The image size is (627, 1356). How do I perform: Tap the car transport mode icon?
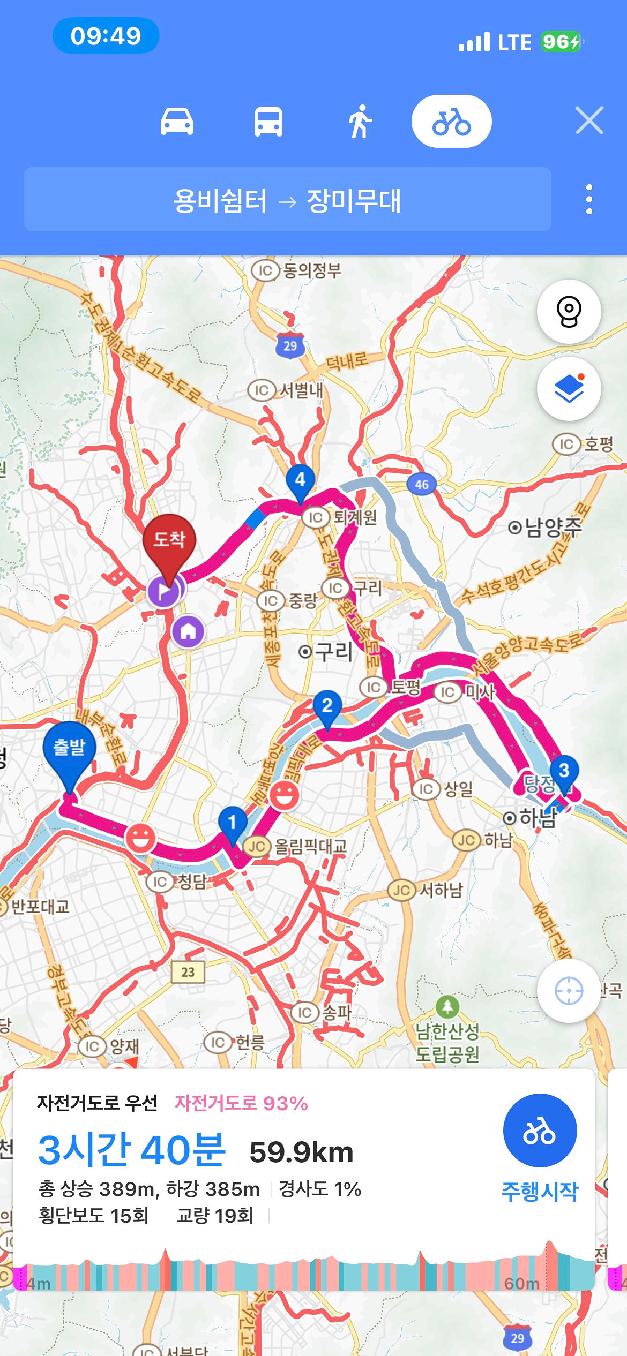coord(177,122)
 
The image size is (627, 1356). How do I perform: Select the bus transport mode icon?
coord(268,122)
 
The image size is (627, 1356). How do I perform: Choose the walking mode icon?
coord(360,122)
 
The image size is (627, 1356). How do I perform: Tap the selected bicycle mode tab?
coord(451,122)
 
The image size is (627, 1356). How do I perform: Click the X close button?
coord(589,120)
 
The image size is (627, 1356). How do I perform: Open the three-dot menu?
coord(589,200)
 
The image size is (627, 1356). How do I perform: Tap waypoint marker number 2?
coord(327,706)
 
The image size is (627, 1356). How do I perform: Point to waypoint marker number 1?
coord(232,822)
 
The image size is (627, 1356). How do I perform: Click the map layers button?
coord(569,389)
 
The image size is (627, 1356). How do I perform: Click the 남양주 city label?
coord(546,528)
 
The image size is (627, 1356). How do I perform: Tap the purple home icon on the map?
coord(188,632)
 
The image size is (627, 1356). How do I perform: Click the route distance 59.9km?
coord(301,1152)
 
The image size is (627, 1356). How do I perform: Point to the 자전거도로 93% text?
coord(241,1103)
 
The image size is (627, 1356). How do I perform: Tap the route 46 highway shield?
coord(422,485)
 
